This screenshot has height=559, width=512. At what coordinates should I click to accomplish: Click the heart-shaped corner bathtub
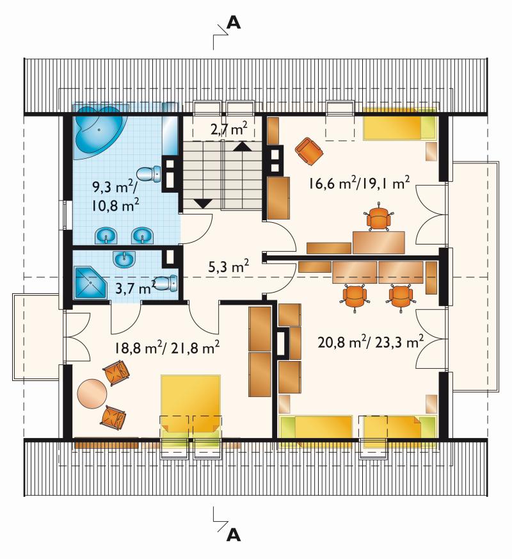99,131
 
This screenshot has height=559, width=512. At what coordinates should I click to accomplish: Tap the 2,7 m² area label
228,129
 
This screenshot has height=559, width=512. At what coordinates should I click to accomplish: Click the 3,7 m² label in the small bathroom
136,286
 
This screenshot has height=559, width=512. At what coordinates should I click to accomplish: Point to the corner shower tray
90,283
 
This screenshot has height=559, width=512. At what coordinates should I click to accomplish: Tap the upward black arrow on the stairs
243,146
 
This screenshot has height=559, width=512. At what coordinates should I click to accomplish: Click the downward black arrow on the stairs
204,203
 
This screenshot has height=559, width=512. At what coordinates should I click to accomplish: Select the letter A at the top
234,23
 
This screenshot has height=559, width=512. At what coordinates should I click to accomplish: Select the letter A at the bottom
234,535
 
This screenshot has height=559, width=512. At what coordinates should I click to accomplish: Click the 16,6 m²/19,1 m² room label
359,183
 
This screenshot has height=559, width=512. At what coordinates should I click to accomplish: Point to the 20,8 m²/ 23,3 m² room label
371,342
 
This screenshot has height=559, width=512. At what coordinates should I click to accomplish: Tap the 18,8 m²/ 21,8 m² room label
167,347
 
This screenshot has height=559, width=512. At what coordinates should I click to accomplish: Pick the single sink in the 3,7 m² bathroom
124,259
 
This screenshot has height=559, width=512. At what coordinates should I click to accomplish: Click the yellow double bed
190,407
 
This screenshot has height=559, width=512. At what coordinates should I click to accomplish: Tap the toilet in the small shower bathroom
166,283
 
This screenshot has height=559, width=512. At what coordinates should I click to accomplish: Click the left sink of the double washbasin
106,236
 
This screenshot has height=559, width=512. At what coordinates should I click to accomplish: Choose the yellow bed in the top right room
400,124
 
